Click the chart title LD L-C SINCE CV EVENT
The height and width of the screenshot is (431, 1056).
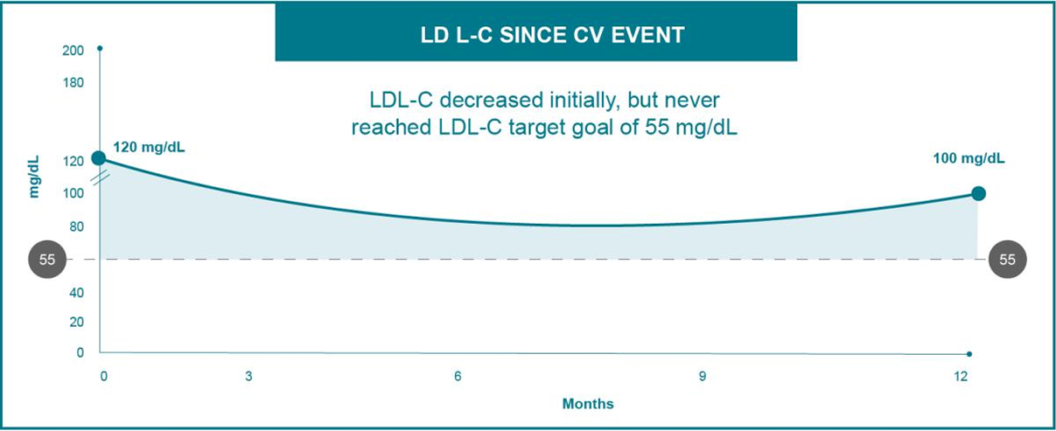pyautogui.click(x=535, y=37)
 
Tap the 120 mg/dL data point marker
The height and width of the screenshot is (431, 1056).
pyautogui.click(x=99, y=157)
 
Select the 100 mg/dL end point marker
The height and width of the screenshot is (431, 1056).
pyautogui.click(x=978, y=193)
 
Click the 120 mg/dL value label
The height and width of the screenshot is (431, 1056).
pyautogui.click(x=150, y=146)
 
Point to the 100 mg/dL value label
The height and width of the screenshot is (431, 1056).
pyautogui.click(x=969, y=159)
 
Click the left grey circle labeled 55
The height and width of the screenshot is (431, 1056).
pyautogui.click(x=47, y=260)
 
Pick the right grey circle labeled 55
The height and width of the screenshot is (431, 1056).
pyautogui.click(x=1007, y=260)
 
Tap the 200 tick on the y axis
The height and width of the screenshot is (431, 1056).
pyautogui.click(x=73, y=51)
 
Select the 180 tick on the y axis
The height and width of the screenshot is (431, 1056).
pyautogui.click(x=73, y=82)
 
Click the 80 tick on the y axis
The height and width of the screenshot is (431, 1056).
pyautogui.click(x=76, y=226)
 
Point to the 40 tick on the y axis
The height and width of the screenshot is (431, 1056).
pyautogui.click(x=76, y=292)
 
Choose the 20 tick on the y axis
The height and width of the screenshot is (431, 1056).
pyautogui.click(x=76, y=322)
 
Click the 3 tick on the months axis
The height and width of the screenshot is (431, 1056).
pyautogui.click(x=248, y=377)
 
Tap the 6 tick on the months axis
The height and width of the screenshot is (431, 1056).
pyautogui.click(x=458, y=377)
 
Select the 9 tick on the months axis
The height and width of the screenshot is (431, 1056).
pyautogui.click(x=702, y=377)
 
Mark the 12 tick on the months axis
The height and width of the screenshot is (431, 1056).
pyautogui.click(x=961, y=377)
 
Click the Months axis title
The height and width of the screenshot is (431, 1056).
pyautogui.click(x=587, y=404)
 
